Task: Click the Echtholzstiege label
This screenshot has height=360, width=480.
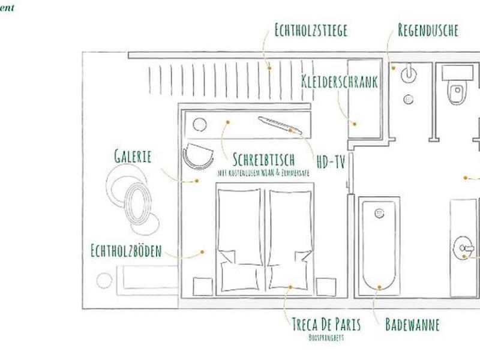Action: click(x=311, y=30)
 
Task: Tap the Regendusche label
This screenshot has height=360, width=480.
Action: click(x=428, y=30)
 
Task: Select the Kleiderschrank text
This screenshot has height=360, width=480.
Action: click(x=340, y=82)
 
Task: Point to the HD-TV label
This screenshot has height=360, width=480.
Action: click(x=331, y=161)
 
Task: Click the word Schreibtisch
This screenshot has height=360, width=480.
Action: click(x=264, y=160)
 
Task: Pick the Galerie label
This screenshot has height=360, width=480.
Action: click(x=133, y=157)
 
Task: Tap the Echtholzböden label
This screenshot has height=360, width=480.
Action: click(x=126, y=250)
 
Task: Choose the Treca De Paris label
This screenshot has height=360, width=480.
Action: click(x=326, y=325)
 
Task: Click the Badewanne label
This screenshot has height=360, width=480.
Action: click(x=412, y=325)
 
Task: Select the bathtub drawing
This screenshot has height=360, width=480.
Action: click(x=378, y=246)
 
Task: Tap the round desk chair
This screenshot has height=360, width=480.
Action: click(x=198, y=156)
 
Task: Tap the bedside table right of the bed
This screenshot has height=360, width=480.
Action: click(x=326, y=286)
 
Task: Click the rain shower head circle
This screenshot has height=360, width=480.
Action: click(x=408, y=74)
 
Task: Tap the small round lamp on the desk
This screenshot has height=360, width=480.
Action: click(x=200, y=124)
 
